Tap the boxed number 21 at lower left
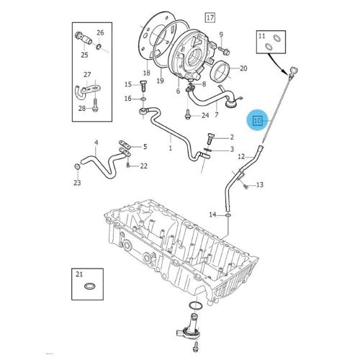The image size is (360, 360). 80,274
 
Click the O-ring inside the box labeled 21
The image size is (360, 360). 89,288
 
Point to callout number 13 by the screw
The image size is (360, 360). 260,185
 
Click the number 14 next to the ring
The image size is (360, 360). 212,214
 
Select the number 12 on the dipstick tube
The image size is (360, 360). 242,156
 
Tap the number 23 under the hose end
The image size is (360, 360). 77,183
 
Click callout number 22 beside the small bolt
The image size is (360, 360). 144,166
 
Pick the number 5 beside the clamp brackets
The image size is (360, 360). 145,147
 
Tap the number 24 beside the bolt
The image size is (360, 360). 205,115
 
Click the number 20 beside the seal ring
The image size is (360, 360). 243,68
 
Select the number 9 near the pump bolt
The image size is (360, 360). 221,34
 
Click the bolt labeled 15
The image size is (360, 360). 141,84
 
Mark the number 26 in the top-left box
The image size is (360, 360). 100,32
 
